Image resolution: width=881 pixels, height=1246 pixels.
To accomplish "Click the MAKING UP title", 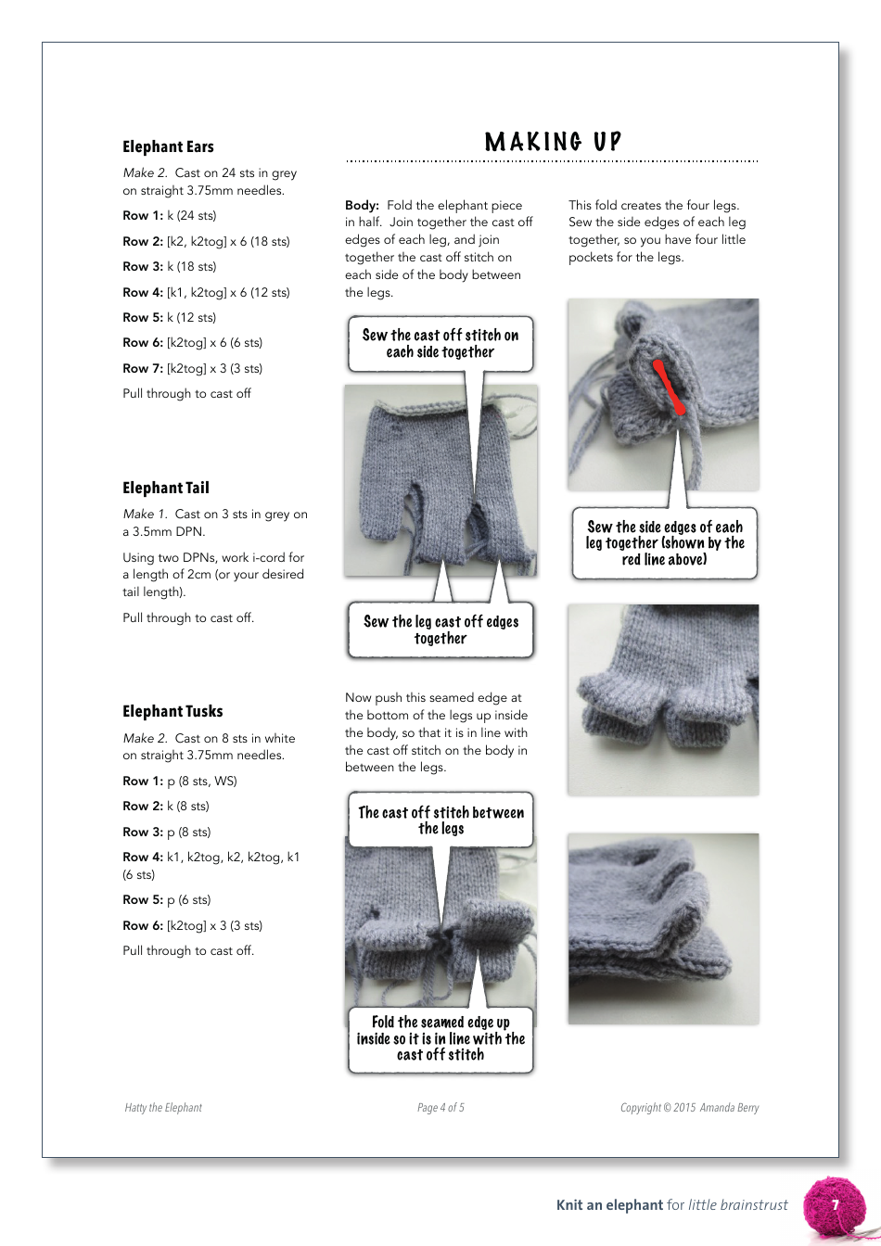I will [x=553, y=142].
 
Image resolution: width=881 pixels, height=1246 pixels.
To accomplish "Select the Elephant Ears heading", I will [x=168, y=146].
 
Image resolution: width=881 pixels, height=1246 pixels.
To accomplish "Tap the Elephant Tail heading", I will [x=166, y=488].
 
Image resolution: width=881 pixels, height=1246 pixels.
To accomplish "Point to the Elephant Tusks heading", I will [x=172, y=711].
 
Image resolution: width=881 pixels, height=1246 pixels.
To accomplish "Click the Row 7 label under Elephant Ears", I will [x=142, y=368].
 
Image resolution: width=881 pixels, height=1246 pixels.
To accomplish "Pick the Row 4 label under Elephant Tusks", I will [x=142, y=857].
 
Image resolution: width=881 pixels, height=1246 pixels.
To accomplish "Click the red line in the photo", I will [x=670, y=386].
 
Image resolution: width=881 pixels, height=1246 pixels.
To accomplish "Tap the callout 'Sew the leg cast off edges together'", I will [x=440, y=630].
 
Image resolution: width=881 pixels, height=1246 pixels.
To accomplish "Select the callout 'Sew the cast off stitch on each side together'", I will [x=440, y=344].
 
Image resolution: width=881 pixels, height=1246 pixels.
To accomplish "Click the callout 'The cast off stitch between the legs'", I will [x=440, y=820].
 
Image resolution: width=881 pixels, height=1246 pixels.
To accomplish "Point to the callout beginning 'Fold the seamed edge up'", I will [x=440, y=1038].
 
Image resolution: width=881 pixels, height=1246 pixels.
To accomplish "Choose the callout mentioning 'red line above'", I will [x=664, y=543].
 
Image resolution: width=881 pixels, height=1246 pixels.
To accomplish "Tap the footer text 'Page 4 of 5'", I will [x=440, y=1107].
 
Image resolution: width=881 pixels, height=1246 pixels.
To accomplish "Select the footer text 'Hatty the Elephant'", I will [x=163, y=1107].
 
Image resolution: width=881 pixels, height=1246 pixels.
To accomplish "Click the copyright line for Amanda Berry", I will [x=689, y=1107].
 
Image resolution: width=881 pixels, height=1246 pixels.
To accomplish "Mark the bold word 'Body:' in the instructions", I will [x=362, y=205].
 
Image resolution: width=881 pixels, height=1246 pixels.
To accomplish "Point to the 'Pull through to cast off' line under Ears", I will [x=186, y=393].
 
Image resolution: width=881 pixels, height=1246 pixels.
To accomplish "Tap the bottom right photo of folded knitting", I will [x=663, y=928].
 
